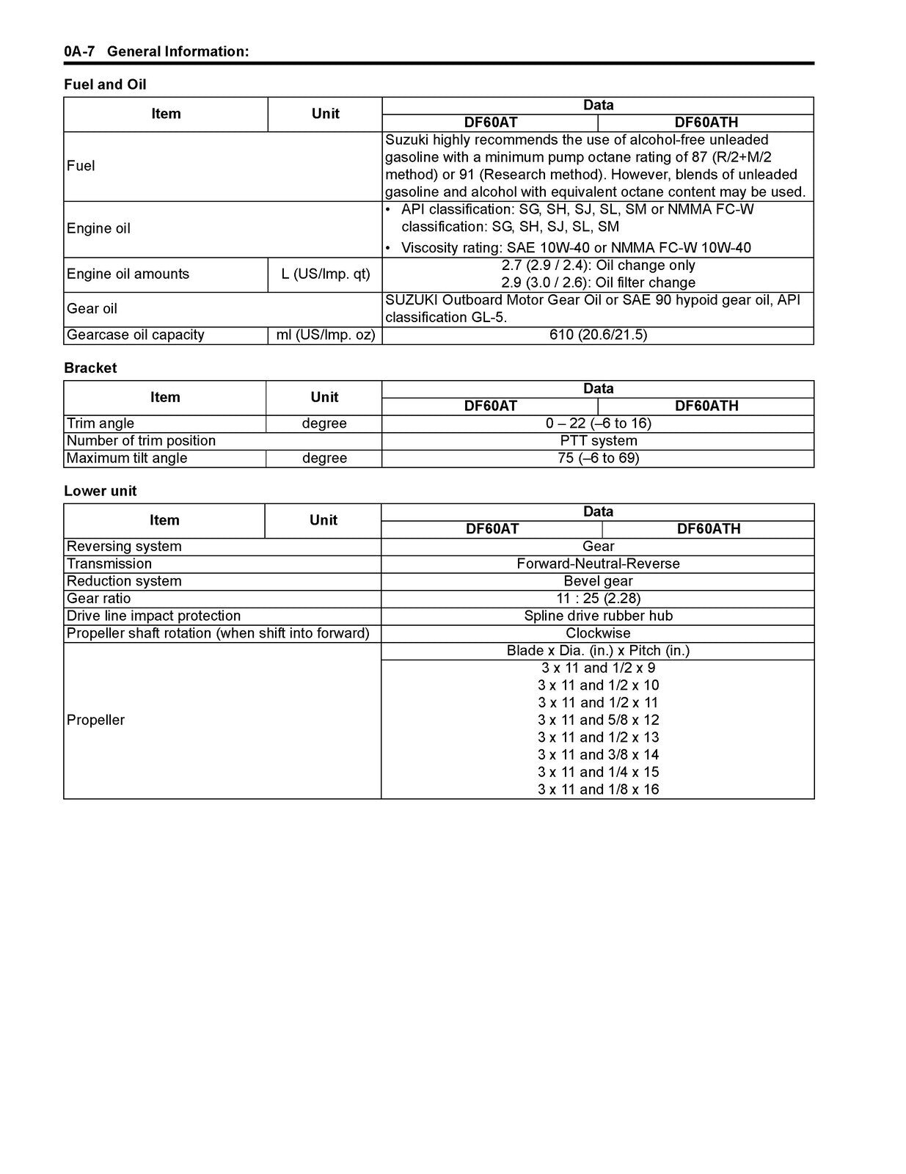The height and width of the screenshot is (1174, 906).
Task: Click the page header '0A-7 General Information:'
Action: tap(156, 51)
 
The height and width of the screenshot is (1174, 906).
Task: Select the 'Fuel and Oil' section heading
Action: tap(105, 84)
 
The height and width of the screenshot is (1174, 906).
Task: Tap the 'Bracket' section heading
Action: tap(90, 368)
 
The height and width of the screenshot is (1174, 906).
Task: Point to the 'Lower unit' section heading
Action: tap(101, 491)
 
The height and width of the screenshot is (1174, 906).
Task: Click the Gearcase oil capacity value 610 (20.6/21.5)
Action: tap(598, 335)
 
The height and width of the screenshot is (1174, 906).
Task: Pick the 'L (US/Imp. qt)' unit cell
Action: tap(326, 274)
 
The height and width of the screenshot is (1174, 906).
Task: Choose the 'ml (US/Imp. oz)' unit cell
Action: tap(326, 335)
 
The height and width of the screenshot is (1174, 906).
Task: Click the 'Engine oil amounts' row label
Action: tap(128, 274)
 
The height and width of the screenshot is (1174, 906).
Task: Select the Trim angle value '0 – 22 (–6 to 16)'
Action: tap(598, 423)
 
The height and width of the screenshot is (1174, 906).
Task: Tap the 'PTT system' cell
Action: tap(598, 441)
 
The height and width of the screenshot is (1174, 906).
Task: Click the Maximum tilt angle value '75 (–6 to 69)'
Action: tap(598, 458)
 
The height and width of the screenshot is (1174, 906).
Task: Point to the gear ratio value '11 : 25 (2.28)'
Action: tap(598, 598)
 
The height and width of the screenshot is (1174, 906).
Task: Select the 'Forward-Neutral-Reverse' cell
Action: tap(598, 564)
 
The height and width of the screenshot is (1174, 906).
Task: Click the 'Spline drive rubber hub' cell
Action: tap(598, 616)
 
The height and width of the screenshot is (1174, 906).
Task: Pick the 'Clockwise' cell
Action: tap(598, 633)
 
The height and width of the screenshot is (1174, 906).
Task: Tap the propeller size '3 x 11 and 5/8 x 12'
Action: tap(598, 720)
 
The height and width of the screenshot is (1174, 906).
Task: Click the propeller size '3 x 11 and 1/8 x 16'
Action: tap(598, 790)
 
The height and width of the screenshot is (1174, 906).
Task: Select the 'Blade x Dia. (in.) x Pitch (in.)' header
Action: tap(598, 651)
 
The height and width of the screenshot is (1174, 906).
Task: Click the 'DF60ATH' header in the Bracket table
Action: tap(706, 406)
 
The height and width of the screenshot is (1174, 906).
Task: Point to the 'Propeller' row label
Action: tap(95, 720)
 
